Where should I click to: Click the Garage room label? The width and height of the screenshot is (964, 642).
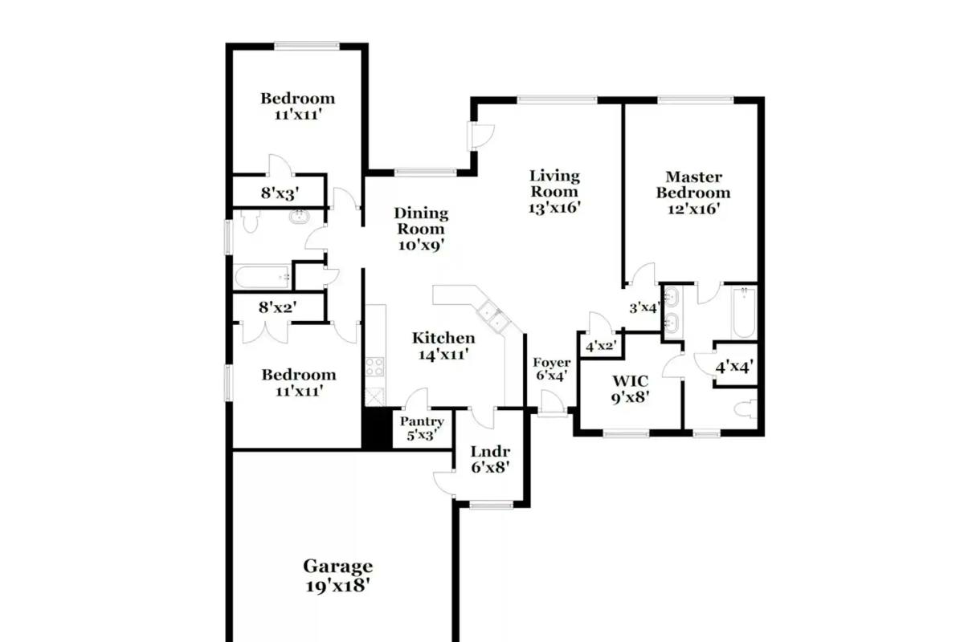tap(338, 575)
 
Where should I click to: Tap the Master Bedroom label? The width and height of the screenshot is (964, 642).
tap(692, 193)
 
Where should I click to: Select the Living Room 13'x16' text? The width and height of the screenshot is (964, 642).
tap(554, 191)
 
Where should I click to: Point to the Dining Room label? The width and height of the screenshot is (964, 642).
tap(421, 230)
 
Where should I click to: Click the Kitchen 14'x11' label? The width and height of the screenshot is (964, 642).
tap(443, 346)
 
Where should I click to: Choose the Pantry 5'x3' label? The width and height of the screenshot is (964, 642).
tap(422, 429)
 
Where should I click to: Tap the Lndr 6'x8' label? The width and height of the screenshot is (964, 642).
tap(490, 459)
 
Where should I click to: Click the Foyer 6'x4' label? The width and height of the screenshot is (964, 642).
tap(551, 369)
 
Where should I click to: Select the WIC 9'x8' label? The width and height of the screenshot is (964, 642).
tap(630, 389)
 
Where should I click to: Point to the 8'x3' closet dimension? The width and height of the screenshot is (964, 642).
tap(280, 193)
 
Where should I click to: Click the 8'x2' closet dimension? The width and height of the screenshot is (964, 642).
tap(278, 307)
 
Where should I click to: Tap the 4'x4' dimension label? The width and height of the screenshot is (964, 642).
tap(734, 367)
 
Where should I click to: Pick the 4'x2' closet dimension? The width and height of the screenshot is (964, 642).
tap(601, 345)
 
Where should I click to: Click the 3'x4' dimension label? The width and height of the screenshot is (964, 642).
tap(644, 307)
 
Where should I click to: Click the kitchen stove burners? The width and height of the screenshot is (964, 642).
tap(374, 367)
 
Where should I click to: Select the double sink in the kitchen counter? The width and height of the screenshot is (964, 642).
tap(494, 316)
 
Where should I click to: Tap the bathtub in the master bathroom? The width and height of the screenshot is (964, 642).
tap(744, 313)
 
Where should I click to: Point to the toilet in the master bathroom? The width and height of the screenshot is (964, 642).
tap(745, 409)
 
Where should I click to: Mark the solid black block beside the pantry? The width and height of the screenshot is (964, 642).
tap(377, 429)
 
